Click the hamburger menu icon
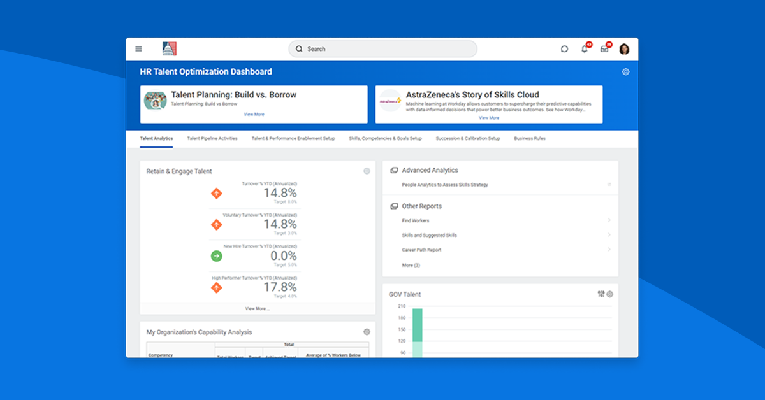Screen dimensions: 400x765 (x=138, y=49)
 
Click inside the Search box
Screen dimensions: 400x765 (x=382, y=49)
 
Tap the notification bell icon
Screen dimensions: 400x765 (x=584, y=49)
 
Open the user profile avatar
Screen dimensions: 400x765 (x=624, y=49)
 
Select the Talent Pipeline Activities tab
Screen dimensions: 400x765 (x=212, y=138)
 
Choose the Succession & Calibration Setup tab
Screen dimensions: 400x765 (x=468, y=138)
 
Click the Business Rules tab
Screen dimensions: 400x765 (x=530, y=138)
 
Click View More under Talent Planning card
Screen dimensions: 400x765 (x=254, y=115)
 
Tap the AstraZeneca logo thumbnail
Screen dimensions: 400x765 (x=390, y=101)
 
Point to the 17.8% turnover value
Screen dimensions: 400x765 (x=280, y=287)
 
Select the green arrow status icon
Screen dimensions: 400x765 (x=216, y=256)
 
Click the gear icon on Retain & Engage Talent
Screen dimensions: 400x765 (x=367, y=171)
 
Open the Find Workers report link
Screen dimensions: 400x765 (x=416, y=220)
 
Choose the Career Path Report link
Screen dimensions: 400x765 (x=421, y=250)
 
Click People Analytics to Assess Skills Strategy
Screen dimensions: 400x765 (x=445, y=185)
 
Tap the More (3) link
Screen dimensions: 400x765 (x=411, y=265)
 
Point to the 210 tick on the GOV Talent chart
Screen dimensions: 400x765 (x=401, y=306)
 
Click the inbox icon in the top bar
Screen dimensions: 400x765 (x=604, y=49)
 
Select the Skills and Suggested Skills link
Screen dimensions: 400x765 (x=429, y=235)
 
